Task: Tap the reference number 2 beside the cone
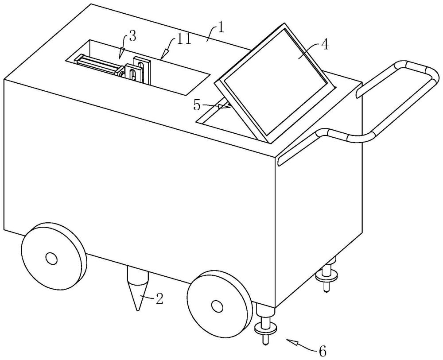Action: tap(159, 299)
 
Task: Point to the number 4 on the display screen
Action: tap(325, 46)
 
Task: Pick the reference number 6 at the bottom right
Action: tap(322, 352)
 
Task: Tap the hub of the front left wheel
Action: tap(51, 258)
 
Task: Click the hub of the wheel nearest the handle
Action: tap(217, 305)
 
